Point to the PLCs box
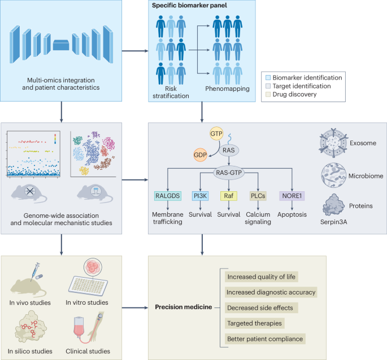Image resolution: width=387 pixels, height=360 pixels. click(x=258, y=196)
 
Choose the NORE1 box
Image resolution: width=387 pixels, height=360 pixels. click(x=293, y=196)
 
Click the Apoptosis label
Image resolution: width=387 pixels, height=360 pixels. click(x=293, y=214)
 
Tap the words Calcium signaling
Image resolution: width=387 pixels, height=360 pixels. click(x=258, y=218)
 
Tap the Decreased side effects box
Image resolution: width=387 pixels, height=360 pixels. click(x=262, y=308)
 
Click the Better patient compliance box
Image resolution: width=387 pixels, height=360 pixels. click(x=265, y=339)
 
